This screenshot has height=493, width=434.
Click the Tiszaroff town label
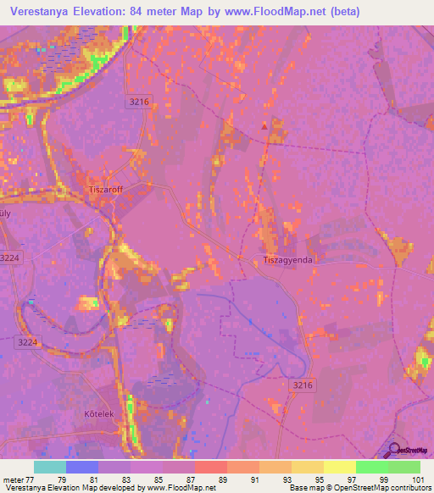106,190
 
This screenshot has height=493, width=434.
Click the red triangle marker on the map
264,127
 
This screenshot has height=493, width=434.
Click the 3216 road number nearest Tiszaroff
140,101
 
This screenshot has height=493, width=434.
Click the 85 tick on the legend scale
163,479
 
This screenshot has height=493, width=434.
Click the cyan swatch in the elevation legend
50,467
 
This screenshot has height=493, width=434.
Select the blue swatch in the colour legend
82,467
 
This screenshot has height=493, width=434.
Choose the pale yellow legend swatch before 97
339,467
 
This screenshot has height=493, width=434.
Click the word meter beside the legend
12,479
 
